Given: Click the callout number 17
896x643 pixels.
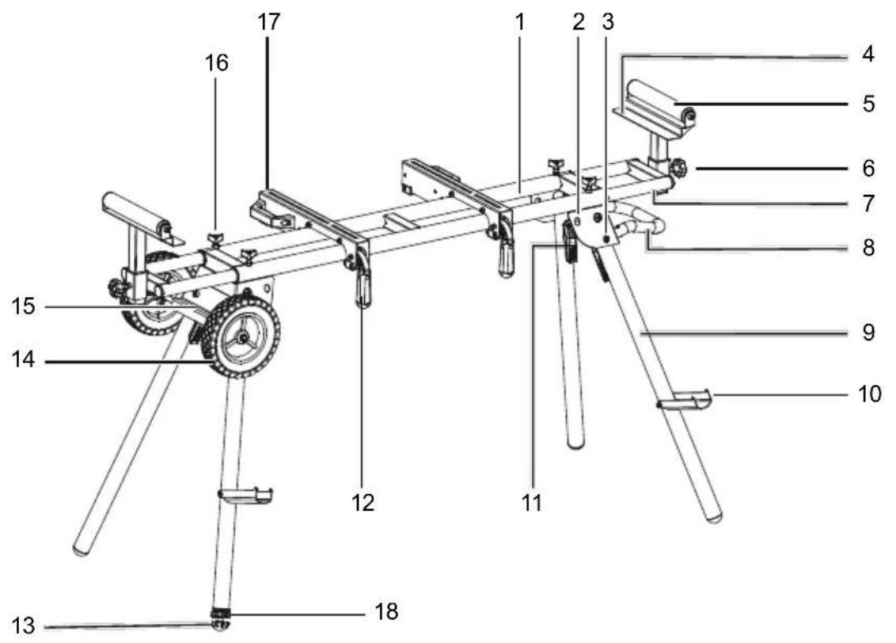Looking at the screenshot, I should [x=269, y=22].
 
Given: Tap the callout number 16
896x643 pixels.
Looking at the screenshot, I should [x=216, y=63].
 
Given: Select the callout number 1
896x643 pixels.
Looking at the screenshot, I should [x=519, y=22].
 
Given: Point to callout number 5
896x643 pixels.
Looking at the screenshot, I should [x=868, y=103].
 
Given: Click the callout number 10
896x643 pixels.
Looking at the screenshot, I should [x=870, y=394].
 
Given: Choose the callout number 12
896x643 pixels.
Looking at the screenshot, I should [x=363, y=501].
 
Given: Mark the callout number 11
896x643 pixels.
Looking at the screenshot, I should [x=533, y=501].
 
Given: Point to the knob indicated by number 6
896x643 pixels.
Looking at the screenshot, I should [x=678, y=169].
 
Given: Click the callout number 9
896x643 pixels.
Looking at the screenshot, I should [x=868, y=333].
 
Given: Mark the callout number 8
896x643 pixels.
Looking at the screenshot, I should [x=868, y=248].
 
